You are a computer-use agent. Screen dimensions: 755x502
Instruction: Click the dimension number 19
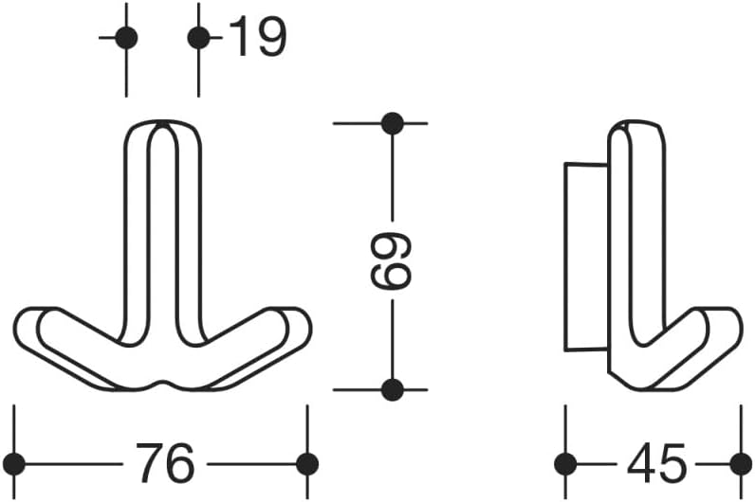pos(258,36)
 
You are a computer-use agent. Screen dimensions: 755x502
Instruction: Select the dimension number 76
pos(165,463)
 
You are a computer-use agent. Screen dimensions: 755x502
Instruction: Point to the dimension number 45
pos(655,463)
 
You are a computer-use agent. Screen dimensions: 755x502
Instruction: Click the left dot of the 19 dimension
pos(127,38)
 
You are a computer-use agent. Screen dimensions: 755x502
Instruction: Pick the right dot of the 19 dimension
pos(198,38)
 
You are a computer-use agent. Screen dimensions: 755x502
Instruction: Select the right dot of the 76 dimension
pos(307,464)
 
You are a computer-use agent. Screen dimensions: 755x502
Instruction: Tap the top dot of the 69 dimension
pos(392,123)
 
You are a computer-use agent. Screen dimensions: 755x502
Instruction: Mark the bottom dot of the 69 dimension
pos(392,389)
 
